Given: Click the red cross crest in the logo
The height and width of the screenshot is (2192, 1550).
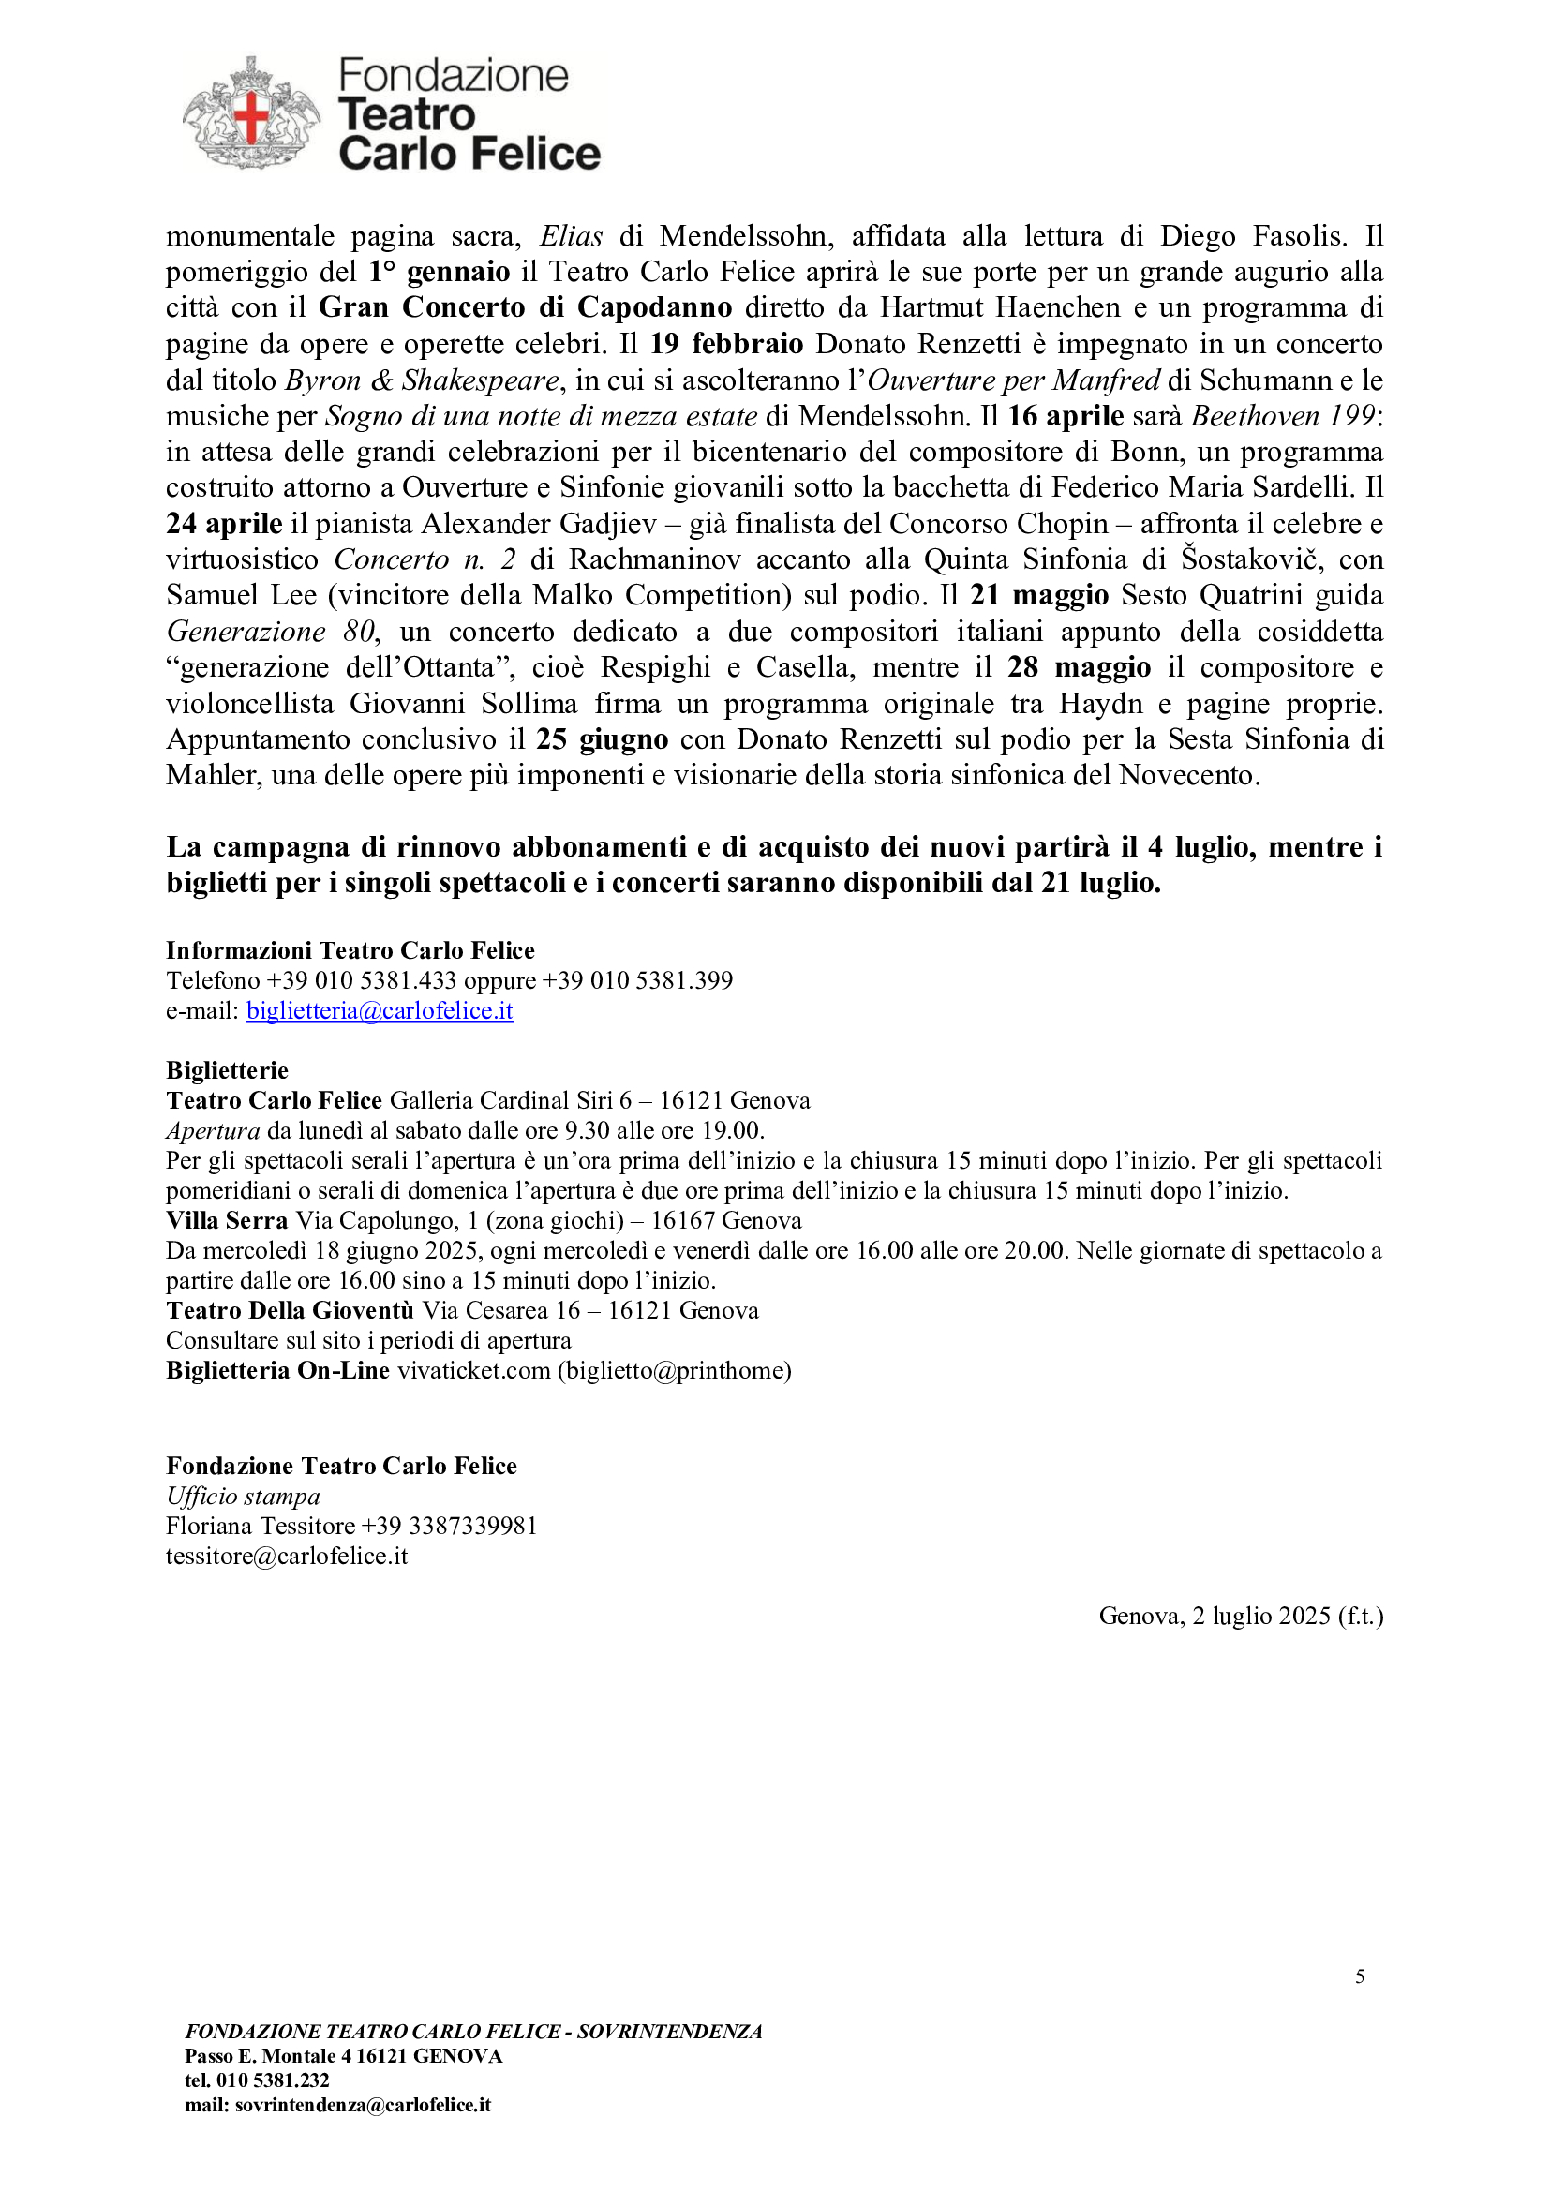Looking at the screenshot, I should point(252,115).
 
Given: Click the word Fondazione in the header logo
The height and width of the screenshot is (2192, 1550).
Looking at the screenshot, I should point(454,75).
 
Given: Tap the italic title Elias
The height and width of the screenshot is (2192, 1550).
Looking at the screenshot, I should point(571,236).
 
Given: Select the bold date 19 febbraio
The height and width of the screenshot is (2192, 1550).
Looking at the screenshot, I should point(726,344).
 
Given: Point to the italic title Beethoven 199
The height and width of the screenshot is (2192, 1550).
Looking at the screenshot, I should point(1284,415).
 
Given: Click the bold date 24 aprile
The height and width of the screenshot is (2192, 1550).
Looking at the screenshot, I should point(224,523).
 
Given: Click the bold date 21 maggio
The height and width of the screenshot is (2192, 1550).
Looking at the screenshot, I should point(1039,595).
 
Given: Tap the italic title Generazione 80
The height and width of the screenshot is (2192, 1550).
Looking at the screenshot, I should point(270,631).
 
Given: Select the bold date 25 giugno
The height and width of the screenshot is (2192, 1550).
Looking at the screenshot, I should point(602,738).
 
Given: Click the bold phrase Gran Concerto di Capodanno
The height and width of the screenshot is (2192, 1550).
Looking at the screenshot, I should point(525,307).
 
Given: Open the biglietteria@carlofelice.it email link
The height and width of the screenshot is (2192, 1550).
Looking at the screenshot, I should point(379,1010).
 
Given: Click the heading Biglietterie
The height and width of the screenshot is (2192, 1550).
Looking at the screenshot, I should point(227,1070).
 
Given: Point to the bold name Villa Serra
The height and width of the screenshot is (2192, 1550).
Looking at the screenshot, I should point(227,1220).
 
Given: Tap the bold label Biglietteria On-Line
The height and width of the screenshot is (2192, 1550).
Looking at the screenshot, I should point(277,1370).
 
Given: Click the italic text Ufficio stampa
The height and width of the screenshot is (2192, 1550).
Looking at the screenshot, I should point(244,1496).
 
